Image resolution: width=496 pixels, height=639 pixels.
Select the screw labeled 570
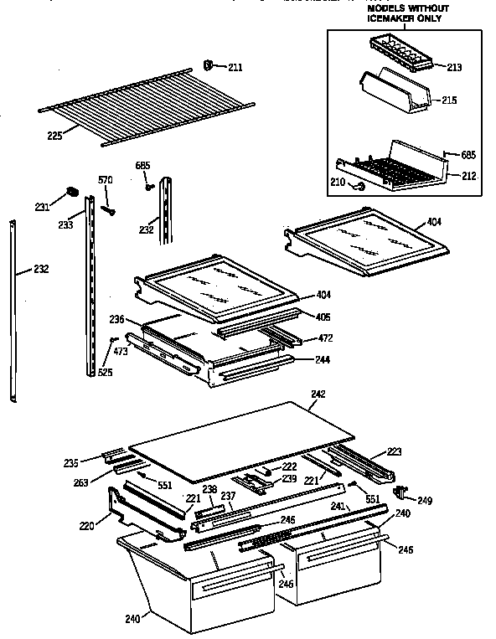[108, 207]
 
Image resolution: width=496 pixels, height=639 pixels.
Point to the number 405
[323, 317]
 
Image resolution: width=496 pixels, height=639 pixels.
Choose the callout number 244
[323, 359]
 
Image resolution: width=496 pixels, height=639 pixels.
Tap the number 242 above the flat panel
[317, 394]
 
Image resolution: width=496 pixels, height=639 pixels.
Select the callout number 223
[394, 451]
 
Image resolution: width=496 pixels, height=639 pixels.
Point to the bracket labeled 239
[250, 482]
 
